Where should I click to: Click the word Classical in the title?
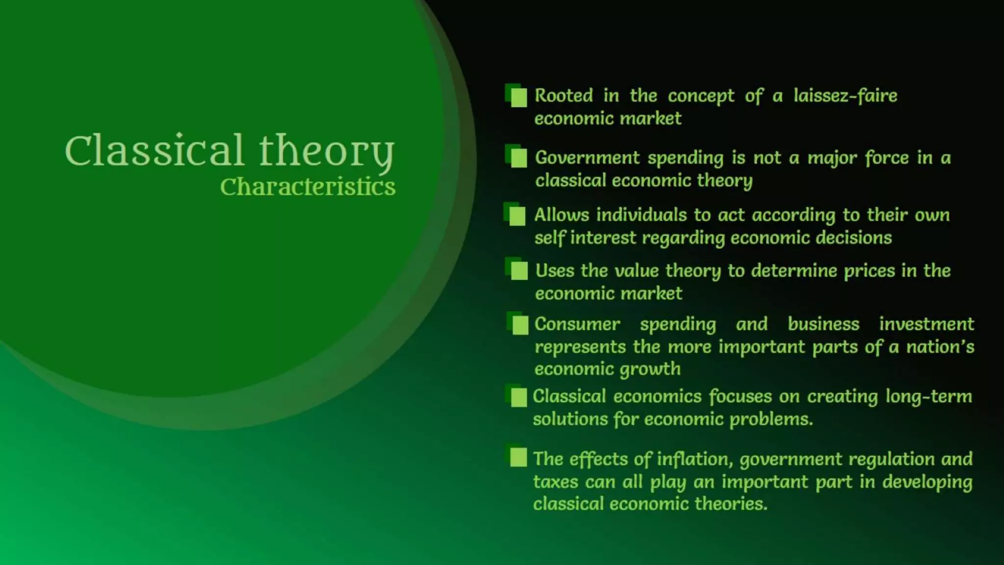[x=154, y=151]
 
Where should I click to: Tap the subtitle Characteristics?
[x=307, y=187]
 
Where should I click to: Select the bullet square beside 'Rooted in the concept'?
[x=518, y=97]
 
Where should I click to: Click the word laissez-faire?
[x=845, y=95]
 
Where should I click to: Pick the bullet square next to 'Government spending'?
[x=518, y=158]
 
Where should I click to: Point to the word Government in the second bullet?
[x=587, y=157]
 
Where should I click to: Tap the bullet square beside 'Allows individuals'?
[x=517, y=216]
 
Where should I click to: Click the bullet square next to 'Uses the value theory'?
[x=519, y=270]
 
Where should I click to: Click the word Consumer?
[x=577, y=324]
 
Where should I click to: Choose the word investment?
[x=926, y=324]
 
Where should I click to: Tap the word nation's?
[x=940, y=347]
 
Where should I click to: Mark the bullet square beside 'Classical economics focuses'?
[x=518, y=397]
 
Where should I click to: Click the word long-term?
[x=928, y=396]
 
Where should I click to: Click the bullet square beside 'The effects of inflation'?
[x=518, y=457]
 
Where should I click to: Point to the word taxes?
[x=555, y=482]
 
